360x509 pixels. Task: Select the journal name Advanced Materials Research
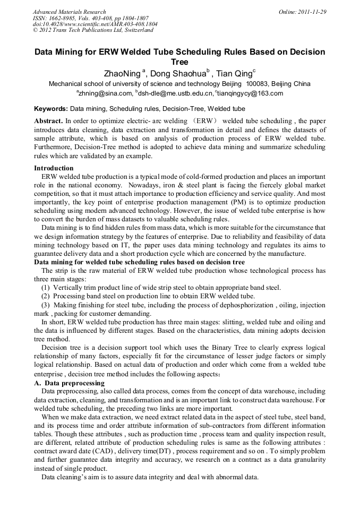69,12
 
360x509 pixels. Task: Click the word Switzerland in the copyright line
137,30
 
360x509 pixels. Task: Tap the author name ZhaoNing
123,74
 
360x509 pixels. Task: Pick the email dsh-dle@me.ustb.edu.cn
175,93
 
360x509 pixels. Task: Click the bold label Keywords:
51,108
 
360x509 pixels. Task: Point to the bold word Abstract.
48,121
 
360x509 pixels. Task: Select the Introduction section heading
54,168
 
